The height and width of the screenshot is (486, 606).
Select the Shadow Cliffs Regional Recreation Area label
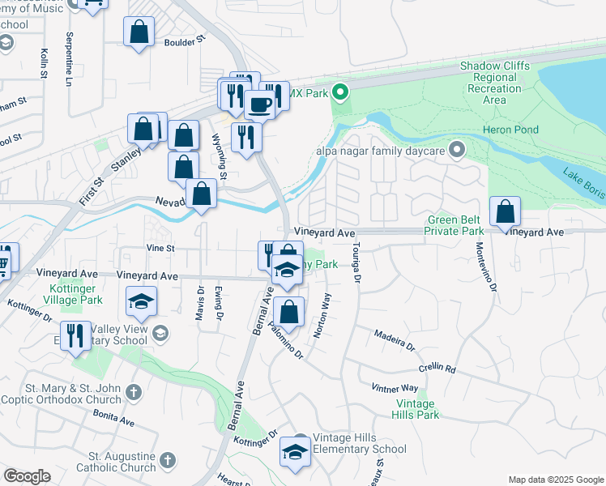pyautogui.click(x=495, y=83)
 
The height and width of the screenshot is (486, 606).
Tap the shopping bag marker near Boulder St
pyautogui.click(x=139, y=32)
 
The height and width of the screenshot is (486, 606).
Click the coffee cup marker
pyautogui.click(x=259, y=104)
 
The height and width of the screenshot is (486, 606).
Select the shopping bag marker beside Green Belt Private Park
pyautogui.click(x=505, y=212)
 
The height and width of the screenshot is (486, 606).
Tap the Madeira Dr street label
pyautogui.click(x=394, y=340)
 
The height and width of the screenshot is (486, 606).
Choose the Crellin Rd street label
pyautogui.click(x=437, y=369)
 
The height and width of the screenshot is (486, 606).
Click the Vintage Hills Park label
pyautogui.click(x=417, y=409)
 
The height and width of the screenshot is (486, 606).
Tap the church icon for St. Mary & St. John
pyautogui.click(x=134, y=393)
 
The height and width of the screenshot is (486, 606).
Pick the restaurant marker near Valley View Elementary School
pyautogui.click(x=75, y=335)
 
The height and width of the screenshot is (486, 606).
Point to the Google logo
pyautogui.click(x=27, y=476)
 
